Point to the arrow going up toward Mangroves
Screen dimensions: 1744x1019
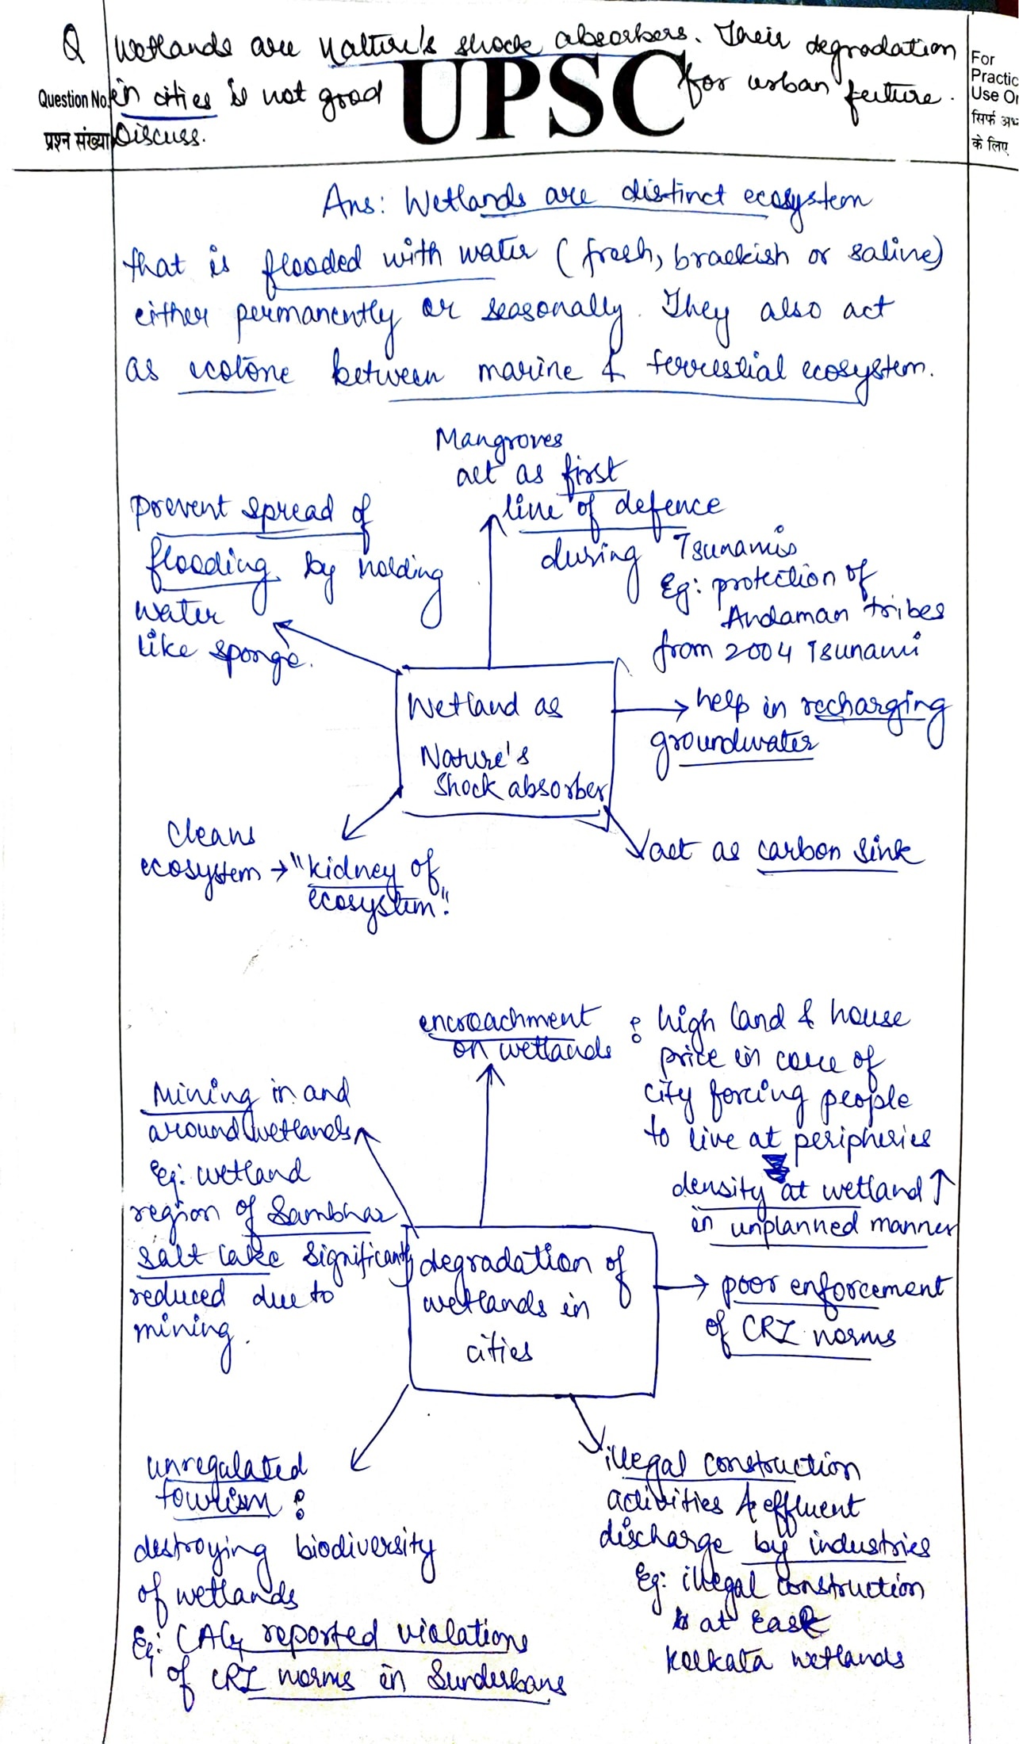pos(489,587)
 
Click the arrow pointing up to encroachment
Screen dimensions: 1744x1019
pos(488,1142)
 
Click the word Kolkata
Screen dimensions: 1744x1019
pos(718,1658)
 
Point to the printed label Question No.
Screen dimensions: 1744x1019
pos(72,100)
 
